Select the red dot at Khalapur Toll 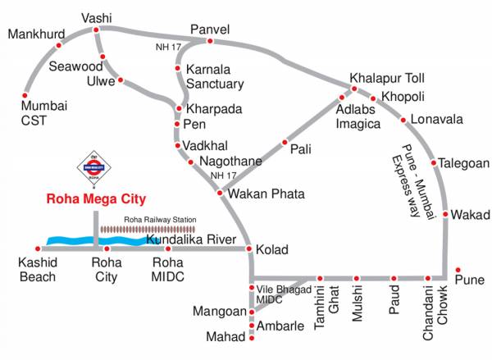354,89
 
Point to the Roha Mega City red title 95,198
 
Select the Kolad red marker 251,248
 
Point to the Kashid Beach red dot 38,248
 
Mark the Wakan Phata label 266,194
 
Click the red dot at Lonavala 403,121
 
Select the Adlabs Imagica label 358,116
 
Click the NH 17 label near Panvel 167,47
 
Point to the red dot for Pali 285,141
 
